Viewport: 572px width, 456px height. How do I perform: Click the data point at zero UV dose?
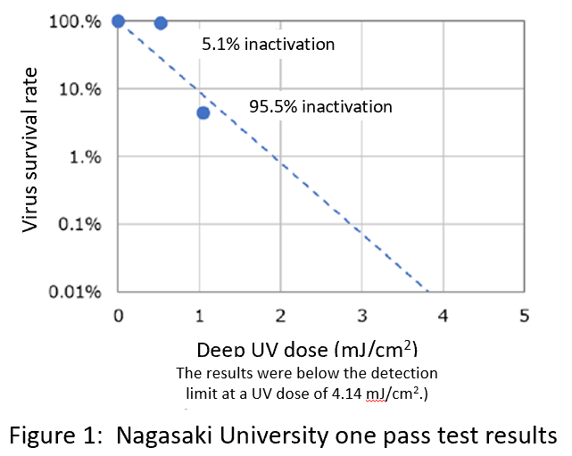click(x=119, y=21)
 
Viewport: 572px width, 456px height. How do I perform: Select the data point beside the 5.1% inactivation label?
click(x=161, y=23)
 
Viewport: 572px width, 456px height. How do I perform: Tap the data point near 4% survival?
click(x=203, y=112)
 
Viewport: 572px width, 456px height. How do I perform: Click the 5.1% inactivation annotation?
click(x=268, y=44)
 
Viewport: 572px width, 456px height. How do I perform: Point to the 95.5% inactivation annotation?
click(x=320, y=106)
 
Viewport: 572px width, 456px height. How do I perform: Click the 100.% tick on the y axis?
click(x=74, y=21)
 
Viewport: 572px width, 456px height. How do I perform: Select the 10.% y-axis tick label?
click(x=79, y=89)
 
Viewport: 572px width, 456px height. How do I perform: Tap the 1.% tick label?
click(x=86, y=157)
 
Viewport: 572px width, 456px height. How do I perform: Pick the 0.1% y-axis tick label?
click(x=80, y=224)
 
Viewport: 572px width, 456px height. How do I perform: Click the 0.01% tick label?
click(x=77, y=292)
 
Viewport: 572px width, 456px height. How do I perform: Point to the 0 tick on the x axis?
click(x=119, y=315)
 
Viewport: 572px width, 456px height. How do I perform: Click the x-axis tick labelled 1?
click(x=200, y=315)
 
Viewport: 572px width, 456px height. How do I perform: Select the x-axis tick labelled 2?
click(x=281, y=315)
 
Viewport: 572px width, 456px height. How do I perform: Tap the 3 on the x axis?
click(x=362, y=315)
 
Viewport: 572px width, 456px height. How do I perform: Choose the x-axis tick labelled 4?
click(x=444, y=315)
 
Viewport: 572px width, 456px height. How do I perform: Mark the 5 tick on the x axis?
click(x=525, y=315)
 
